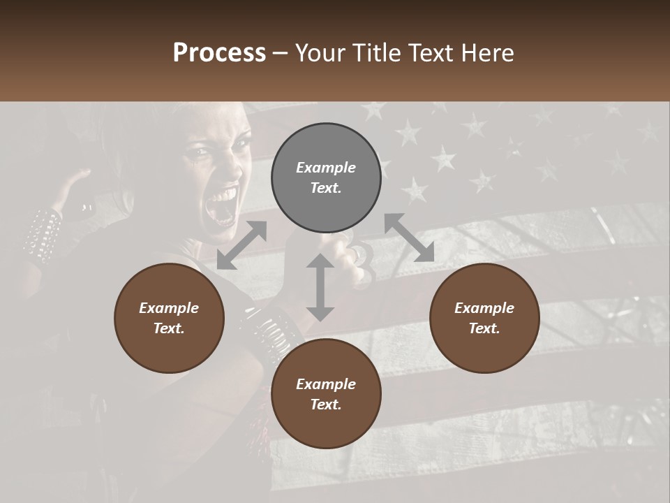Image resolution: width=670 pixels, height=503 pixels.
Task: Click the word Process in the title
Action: point(219,52)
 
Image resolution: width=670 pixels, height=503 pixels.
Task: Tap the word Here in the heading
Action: point(488,52)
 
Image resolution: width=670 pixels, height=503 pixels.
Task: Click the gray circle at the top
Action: point(326,178)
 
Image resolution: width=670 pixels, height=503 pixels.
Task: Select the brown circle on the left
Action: point(169,318)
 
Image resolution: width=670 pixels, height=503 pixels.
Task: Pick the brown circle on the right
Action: point(484,318)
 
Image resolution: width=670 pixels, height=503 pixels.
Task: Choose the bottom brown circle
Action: point(326,394)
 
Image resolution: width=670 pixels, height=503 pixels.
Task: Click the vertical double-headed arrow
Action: point(320,287)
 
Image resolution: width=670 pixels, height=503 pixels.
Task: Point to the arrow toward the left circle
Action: point(241,245)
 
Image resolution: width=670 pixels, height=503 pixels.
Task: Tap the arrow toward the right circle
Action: point(410,238)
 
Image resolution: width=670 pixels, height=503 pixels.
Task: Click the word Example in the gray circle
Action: point(326,168)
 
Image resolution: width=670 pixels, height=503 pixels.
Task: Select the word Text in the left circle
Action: point(169,328)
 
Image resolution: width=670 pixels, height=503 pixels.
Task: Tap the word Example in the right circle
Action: point(484,308)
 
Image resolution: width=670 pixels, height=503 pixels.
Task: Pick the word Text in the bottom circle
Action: point(326,404)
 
